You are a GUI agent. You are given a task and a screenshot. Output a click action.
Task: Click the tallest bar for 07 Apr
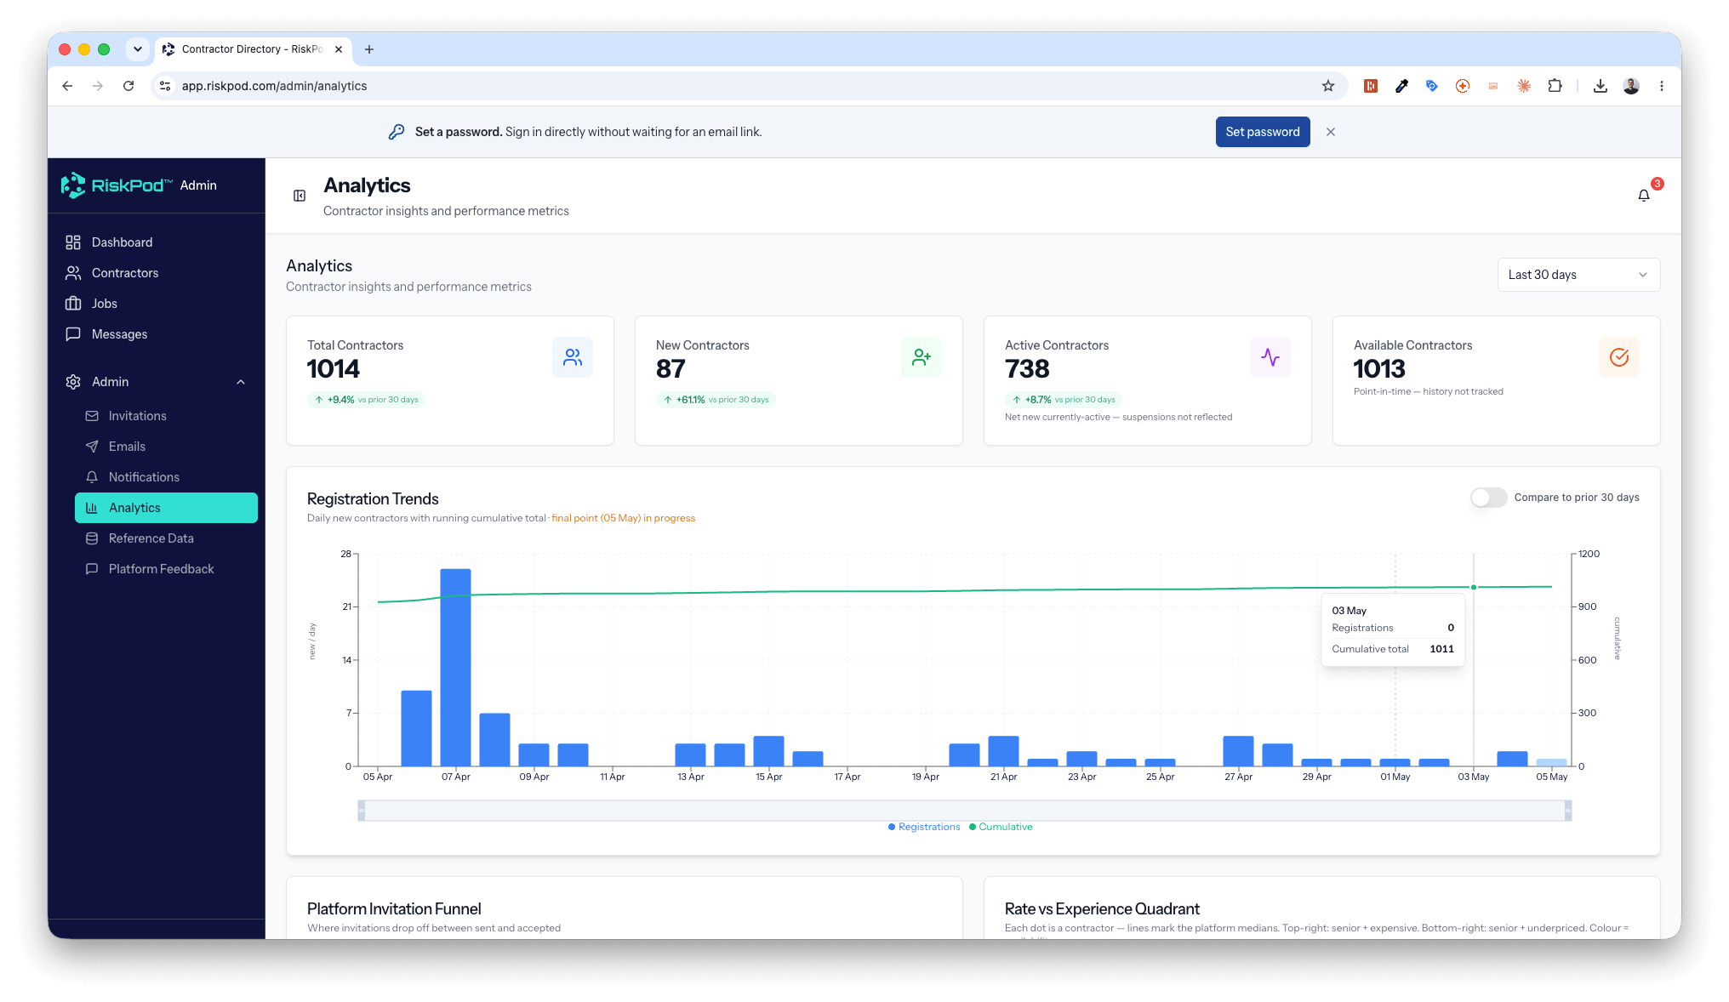(x=455, y=667)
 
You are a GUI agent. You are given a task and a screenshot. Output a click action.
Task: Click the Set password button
(x=1262, y=132)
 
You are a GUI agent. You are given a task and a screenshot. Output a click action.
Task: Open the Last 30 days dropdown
(x=1578, y=275)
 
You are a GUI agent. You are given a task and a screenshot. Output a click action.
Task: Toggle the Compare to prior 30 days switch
(x=1488, y=498)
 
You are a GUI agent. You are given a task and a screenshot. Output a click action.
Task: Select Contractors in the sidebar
(x=125, y=273)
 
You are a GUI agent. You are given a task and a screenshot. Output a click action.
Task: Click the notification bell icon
(x=1643, y=196)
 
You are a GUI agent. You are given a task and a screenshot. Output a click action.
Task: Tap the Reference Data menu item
(x=151, y=538)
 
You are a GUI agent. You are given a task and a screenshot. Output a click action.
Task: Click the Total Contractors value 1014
(x=334, y=369)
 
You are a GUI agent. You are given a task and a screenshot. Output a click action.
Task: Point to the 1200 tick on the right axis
(x=1589, y=554)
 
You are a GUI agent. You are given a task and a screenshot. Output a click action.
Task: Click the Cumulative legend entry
(x=1001, y=827)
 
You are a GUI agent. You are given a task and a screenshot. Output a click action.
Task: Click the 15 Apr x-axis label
(x=768, y=777)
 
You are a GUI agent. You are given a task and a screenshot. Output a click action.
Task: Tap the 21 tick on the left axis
(x=346, y=606)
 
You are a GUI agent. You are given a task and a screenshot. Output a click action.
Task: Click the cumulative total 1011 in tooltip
(x=1441, y=649)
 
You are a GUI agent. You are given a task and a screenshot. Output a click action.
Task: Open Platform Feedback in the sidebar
(x=161, y=569)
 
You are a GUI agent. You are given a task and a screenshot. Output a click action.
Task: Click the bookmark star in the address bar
(x=1327, y=86)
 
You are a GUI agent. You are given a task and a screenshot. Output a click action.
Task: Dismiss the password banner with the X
(x=1331, y=132)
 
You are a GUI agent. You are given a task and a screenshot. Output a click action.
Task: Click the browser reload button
(x=128, y=86)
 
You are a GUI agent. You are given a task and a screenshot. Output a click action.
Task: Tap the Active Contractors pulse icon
(x=1270, y=357)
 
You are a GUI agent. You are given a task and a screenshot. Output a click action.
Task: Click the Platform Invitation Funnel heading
(x=394, y=909)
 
